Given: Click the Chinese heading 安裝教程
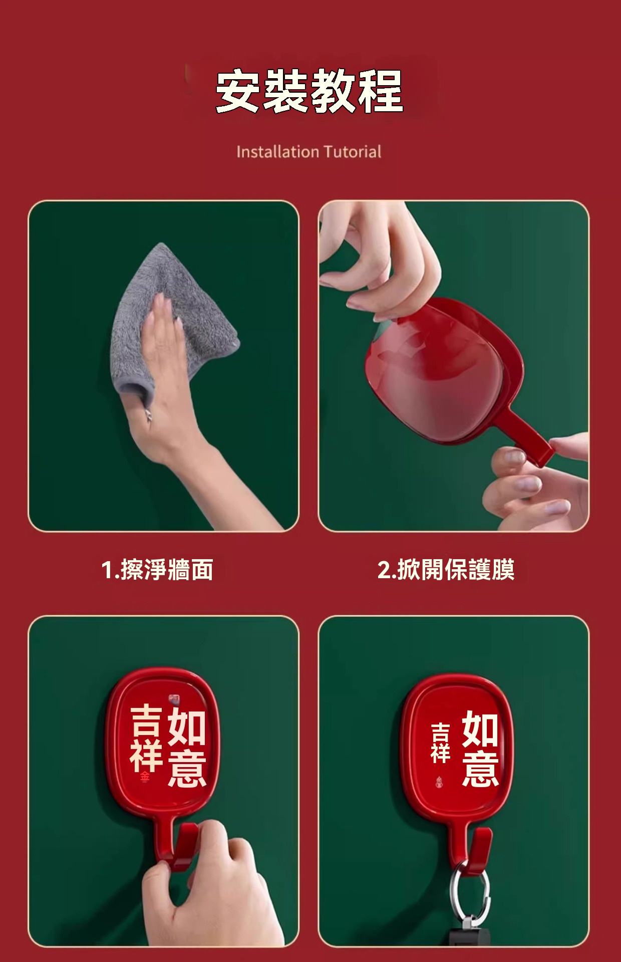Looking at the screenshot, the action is pos(309,91).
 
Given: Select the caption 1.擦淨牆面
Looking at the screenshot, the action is pos(157,570).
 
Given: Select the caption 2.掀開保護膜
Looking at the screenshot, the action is pos(446,570).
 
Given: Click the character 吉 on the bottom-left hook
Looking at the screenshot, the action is pos(146,720).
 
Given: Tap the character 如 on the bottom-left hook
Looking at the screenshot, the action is pos(186,727).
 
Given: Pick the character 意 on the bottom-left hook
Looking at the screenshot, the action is pos(187,769).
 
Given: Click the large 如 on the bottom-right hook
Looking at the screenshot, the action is pos(480,729).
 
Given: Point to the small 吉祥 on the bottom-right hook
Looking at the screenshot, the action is pos(440,743).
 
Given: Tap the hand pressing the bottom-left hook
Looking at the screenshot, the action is pos(210,887).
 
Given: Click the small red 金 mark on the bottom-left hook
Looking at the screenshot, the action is pos(145,777).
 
